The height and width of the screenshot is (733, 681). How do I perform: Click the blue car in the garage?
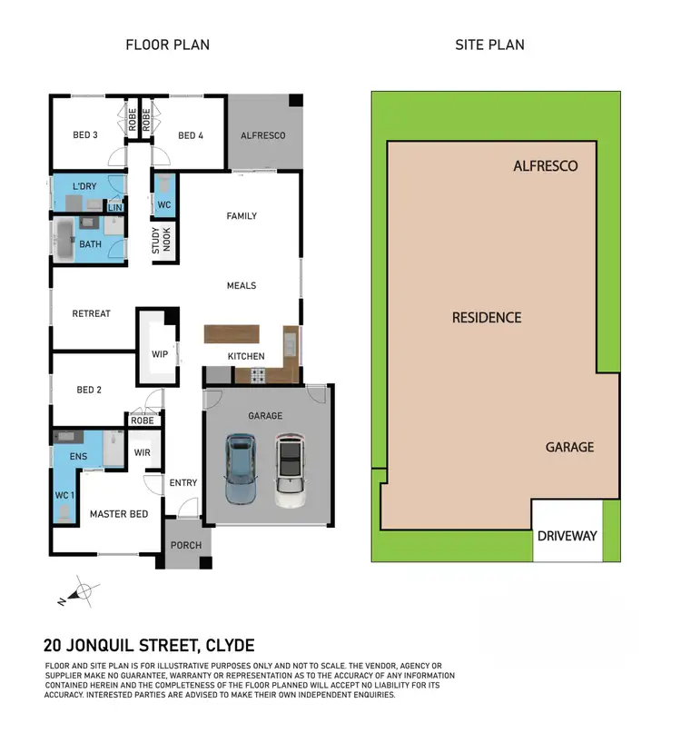point(241,469)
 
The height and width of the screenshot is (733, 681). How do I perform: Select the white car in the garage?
point(289,471)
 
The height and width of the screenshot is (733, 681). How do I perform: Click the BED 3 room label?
point(85,135)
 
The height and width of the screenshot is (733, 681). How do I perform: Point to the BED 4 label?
point(191,135)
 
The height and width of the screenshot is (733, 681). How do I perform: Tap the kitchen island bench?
point(232,333)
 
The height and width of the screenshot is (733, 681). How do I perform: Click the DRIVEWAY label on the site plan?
point(567,535)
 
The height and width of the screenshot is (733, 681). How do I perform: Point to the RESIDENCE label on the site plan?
point(487,317)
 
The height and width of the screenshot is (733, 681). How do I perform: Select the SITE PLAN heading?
point(489,45)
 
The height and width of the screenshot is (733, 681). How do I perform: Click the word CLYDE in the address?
point(231,647)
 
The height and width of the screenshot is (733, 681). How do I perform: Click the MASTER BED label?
point(118,514)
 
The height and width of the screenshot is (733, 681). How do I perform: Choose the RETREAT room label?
point(91,313)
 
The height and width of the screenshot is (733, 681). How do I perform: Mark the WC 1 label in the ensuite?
point(64,495)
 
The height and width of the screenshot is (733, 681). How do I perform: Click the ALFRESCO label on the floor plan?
point(262,135)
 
